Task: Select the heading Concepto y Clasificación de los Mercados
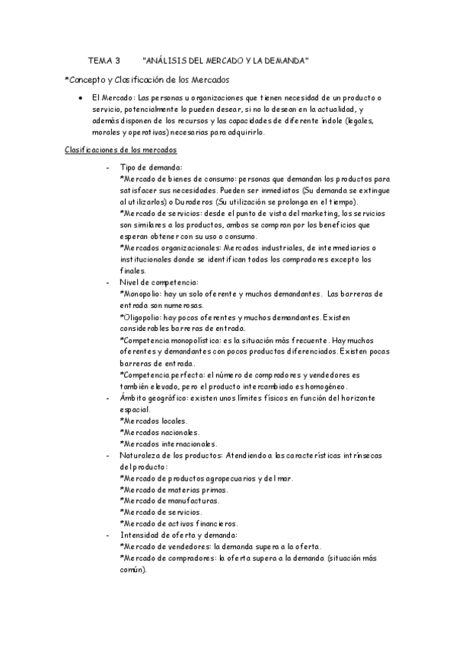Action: [147, 79]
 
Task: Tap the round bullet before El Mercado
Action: [80, 99]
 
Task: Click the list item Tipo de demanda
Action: [151, 167]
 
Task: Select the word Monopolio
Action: [147, 294]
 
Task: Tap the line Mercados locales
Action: [155, 421]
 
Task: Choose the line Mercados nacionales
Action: [160, 432]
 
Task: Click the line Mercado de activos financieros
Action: [180, 523]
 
